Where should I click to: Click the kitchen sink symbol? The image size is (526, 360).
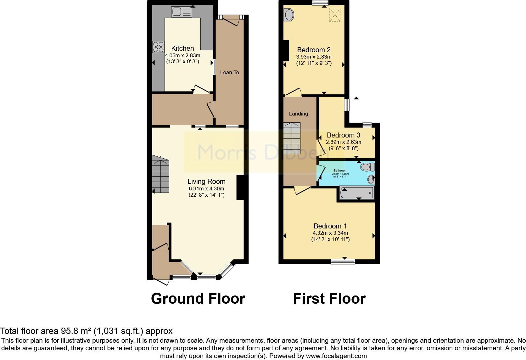[x=182, y=12]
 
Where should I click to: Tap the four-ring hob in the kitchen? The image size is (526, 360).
[x=158, y=47]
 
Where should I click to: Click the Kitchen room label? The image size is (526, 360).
[x=182, y=48]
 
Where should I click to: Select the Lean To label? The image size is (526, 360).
[x=229, y=72]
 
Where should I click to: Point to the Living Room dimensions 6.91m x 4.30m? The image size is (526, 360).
[x=206, y=188]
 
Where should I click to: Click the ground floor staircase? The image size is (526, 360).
[x=161, y=175]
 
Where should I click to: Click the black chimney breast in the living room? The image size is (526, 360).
[x=240, y=188]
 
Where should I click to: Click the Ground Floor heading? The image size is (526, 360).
[x=198, y=298]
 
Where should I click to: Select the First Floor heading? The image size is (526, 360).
[x=329, y=298]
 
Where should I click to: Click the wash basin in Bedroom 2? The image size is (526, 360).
[x=288, y=15]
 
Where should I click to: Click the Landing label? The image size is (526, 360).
[x=298, y=114]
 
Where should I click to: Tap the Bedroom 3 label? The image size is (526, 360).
[x=343, y=135]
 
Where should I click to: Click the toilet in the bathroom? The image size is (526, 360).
[x=367, y=166]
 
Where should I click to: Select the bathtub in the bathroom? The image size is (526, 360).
[x=357, y=192]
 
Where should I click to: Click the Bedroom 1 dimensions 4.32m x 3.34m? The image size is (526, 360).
[x=330, y=233]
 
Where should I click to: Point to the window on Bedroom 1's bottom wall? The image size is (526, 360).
[x=343, y=262]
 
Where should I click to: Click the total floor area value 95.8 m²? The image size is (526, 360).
[x=75, y=331]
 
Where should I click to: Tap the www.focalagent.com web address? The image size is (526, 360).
[x=336, y=356]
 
